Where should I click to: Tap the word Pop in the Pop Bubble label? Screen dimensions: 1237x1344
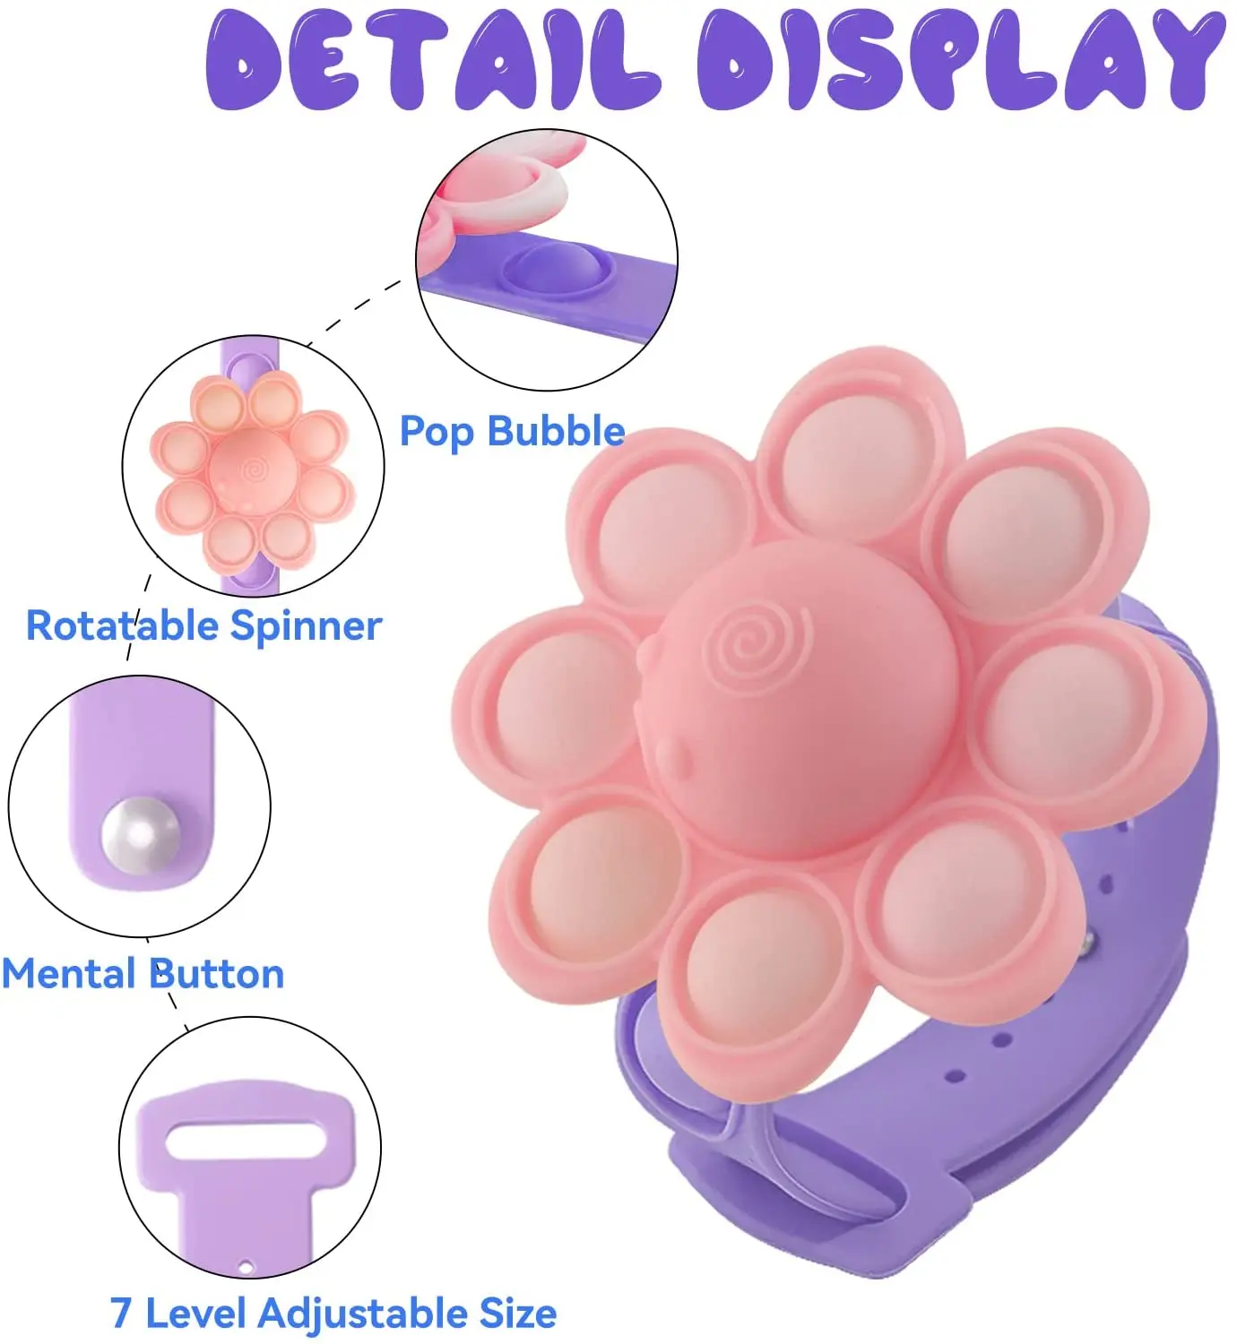click(x=436, y=432)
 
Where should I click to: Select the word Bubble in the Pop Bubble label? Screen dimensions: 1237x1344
click(x=557, y=432)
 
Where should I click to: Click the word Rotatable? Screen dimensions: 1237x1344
click(x=124, y=625)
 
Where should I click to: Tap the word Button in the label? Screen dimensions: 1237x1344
click(x=218, y=974)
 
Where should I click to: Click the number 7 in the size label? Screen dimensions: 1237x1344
click(x=121, y=1314)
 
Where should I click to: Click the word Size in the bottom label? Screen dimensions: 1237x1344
click(x=518, y=1314)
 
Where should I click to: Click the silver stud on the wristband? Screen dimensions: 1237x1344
click(x=1087, y=941)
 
